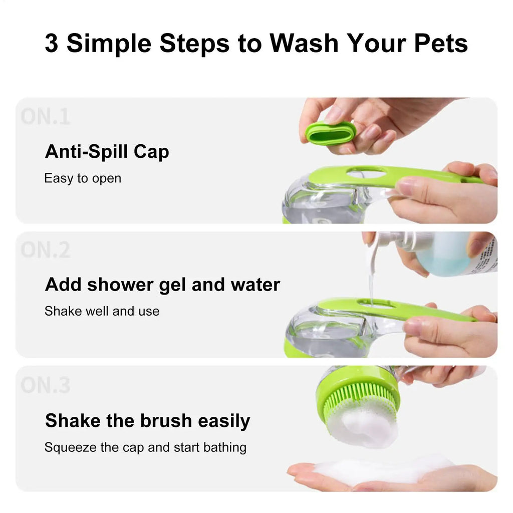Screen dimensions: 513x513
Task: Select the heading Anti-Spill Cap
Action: tap(107, 151)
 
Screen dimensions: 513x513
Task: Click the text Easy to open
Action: tap(83, 178)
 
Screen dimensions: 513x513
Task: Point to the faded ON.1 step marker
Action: tap(45, 117)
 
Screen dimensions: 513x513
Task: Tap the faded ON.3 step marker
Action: tap(45, 385)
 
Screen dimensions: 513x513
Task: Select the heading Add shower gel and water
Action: tap(162, 285)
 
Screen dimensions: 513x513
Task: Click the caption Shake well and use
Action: tap(102, 311)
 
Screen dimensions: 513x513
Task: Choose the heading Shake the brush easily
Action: tap(147, 420)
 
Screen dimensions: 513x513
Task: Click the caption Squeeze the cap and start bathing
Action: tap(145, 447)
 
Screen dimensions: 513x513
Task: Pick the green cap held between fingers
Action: tap(330, 133)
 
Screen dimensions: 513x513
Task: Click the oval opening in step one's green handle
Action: tap(366, 174)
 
